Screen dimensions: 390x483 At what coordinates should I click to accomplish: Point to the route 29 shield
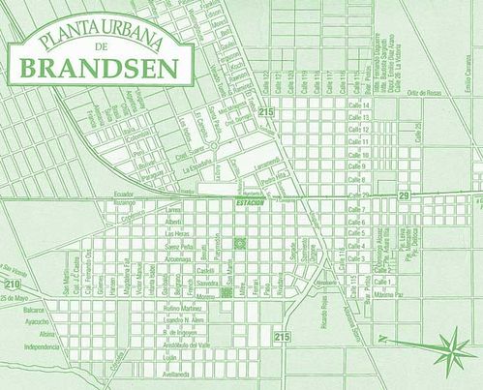coord(404,196)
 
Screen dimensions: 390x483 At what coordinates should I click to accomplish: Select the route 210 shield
coord(11,285)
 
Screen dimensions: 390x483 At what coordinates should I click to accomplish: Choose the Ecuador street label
coord(122,194)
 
